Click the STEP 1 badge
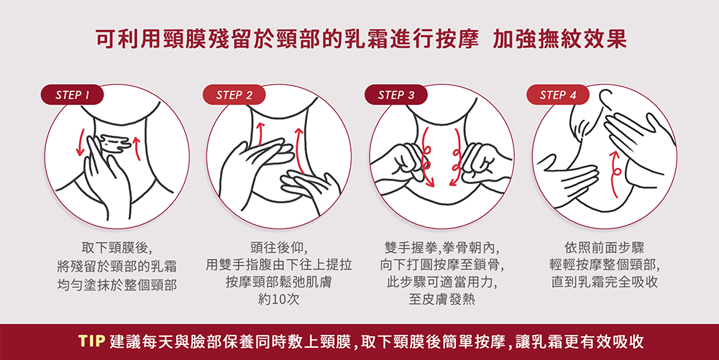coord(72,95)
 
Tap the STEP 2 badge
coord(234,95)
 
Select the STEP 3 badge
coord(395,95)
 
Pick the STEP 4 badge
coord(558,95)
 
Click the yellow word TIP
coord(92,341)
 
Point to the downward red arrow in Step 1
coord(81,142)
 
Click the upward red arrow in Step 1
coord(137,147)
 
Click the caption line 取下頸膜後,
coord(116,248)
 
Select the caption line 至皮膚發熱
coord(442,299)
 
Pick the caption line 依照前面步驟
coord(604,248)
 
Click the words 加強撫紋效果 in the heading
coord(559,40)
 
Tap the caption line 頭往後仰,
coord(279,248)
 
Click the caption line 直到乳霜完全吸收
coord(605,282)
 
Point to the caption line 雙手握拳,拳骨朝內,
coord(441,248)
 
